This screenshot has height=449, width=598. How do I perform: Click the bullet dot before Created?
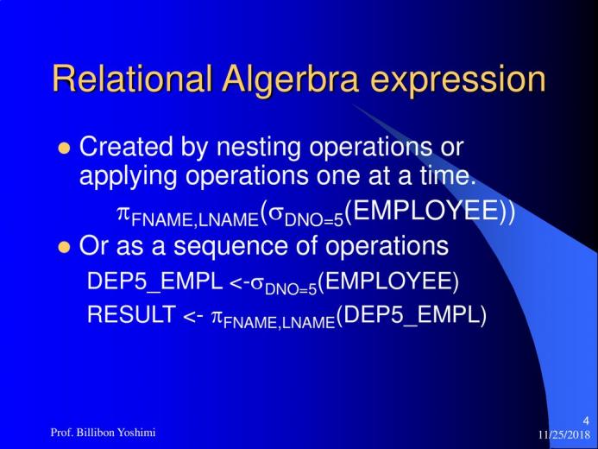(x=64, y=148)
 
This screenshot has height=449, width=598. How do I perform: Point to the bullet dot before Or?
(x=64, y=247)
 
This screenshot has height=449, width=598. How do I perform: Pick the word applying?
(x=128, y=177)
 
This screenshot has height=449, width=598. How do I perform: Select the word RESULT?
(x=131, y=314)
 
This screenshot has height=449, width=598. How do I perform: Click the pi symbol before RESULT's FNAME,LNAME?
(x=217, y=317)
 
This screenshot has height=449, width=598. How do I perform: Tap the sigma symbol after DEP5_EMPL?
(x=257, y=284)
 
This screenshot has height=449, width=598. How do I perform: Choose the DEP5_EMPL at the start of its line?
(x=154, y=282)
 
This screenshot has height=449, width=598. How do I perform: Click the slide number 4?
(x=586, y=421)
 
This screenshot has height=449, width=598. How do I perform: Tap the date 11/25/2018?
(x=564, y=435)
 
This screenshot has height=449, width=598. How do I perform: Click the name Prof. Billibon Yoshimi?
(x=103, y=433)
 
